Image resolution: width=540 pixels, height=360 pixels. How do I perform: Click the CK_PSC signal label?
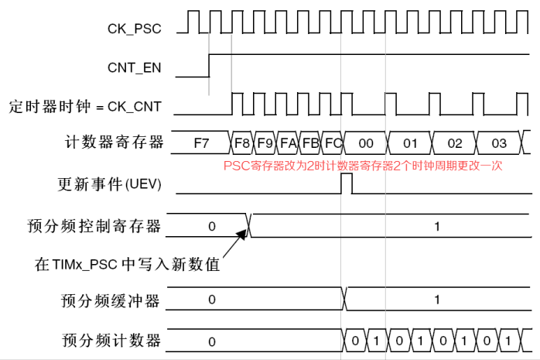pos(134,29)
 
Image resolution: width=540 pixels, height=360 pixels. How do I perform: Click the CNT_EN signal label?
pos(135,67)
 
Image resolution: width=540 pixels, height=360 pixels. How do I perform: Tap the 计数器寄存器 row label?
pos(116,142)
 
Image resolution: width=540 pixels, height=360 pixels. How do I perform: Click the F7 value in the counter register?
pos(201,142)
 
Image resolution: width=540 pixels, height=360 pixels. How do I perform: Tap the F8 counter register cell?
pos(242,142)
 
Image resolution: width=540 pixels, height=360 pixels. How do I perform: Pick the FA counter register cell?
pos(288,142)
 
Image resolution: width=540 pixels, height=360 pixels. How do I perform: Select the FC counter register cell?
pos(333,142)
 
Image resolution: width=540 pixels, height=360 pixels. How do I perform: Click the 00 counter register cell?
pos(366,142)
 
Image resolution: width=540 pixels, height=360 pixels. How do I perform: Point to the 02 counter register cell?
pos(455,142)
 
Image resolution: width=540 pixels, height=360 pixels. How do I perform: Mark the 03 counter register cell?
pos(499,142)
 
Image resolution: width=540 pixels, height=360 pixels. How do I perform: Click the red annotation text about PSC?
pos(363,166)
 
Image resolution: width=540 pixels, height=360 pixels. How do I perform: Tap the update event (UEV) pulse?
pos(347,184)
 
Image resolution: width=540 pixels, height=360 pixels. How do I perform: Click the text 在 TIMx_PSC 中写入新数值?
pos(128,264)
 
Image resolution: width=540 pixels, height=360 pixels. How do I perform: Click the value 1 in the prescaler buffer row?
pos(437,299)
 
